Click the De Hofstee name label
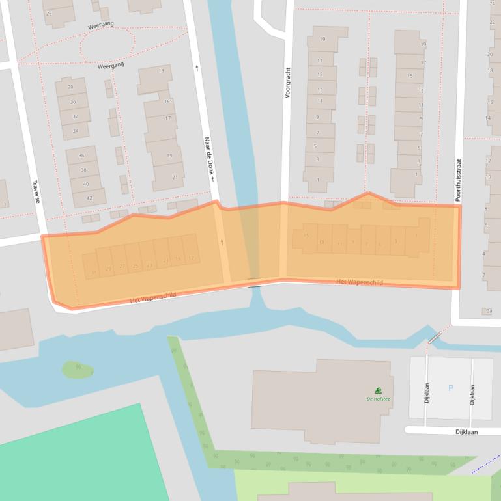coord(378,399)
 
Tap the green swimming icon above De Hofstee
coord(378,390)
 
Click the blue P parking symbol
coord(450,388)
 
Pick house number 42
coord(89,198)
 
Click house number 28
coord(70,87)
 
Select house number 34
coord(76,131)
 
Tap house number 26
coord(49,13)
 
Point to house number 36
coord(81,155)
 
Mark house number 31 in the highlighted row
coord(94,271)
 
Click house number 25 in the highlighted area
coord(136,266)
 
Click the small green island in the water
coord(77,370)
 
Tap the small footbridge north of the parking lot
coord(435,337)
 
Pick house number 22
coord(493,22)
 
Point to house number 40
coord(85,184)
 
